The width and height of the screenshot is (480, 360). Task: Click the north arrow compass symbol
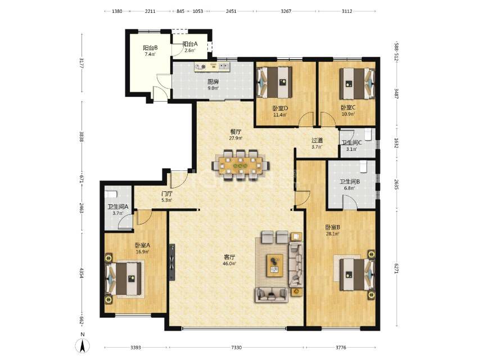[83, 346]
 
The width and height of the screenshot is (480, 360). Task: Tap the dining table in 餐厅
[241, 165]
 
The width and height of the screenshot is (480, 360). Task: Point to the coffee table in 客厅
[275, 265]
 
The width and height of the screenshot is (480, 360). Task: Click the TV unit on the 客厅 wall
[172, 262]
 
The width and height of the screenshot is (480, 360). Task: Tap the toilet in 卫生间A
[111, 194]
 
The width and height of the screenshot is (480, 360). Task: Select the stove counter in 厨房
[212, 67]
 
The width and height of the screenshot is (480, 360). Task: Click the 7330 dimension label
[236, 348]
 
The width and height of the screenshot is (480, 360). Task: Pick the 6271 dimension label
[396, 268]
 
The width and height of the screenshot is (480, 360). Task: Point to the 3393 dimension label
[135, 348]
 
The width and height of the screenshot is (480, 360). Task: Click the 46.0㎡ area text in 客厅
[229, 263]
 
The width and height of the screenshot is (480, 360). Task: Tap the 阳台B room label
[150, 48]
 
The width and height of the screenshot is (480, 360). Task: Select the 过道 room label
[317, 140]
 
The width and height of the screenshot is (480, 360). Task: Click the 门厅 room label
[167, 193]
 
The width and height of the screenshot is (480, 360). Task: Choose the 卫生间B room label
[350, 182]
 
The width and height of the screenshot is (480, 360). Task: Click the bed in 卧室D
[274, 82]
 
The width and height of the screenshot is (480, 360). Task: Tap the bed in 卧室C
[357, 83]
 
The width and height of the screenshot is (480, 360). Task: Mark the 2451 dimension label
[231, 11]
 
